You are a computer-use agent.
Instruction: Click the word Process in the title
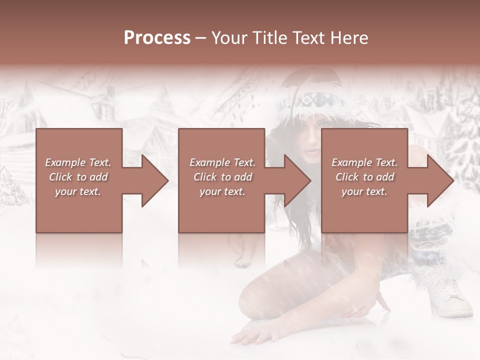tap(157, 38)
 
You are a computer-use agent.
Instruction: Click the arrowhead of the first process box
tap(155, 180)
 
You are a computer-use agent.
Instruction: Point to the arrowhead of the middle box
tap(297, 180)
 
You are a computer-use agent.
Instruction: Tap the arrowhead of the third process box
tap(440, 180)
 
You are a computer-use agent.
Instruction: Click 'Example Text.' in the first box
tap(78, 162)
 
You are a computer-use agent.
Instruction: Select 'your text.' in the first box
tap(78, 191)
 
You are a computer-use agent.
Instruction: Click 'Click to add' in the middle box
tap(222, 177)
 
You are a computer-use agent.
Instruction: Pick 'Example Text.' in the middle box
tap(222, 162)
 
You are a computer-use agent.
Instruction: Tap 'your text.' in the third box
tap(364, 191)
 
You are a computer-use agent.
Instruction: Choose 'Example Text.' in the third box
tap(364, 162)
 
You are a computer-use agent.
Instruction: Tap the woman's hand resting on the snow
tap(252, 336)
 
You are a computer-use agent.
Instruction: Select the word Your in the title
tap(228, 38)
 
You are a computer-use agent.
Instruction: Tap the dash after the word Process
tap(201, 38)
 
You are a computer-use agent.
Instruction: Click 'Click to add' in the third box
tap(364, 177)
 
